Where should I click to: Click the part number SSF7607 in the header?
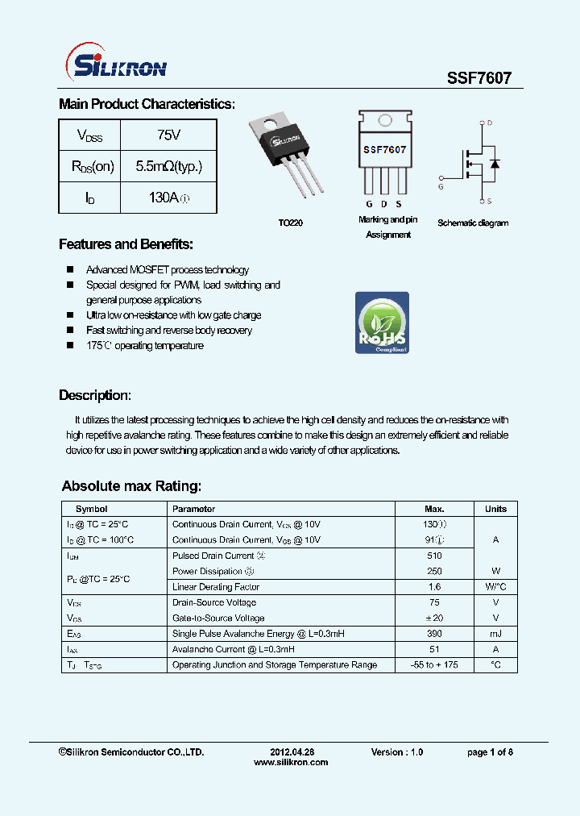pos(478,77)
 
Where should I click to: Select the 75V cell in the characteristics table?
pos(168,135)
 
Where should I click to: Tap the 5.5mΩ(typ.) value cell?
pos(168,166)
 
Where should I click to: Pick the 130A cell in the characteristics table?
pos(168,198)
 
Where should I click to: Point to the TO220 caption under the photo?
pos(291,223)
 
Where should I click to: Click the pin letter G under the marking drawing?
pos(369,205)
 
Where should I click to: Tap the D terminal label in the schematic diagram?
pos(489,123)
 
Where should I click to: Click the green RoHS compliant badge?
pos(382,323)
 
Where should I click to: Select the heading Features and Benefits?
pos(126,244)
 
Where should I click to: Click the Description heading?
pos(94,395)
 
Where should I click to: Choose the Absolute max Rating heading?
pos(131,486)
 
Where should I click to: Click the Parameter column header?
pos(194,509)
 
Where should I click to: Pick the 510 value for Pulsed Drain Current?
pos(434,556)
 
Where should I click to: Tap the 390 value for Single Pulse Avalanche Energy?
pos(434,634)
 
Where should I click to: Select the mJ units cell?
pos(495,634)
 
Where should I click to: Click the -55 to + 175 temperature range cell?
pos(434,664)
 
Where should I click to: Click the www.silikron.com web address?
pos(291,762)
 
